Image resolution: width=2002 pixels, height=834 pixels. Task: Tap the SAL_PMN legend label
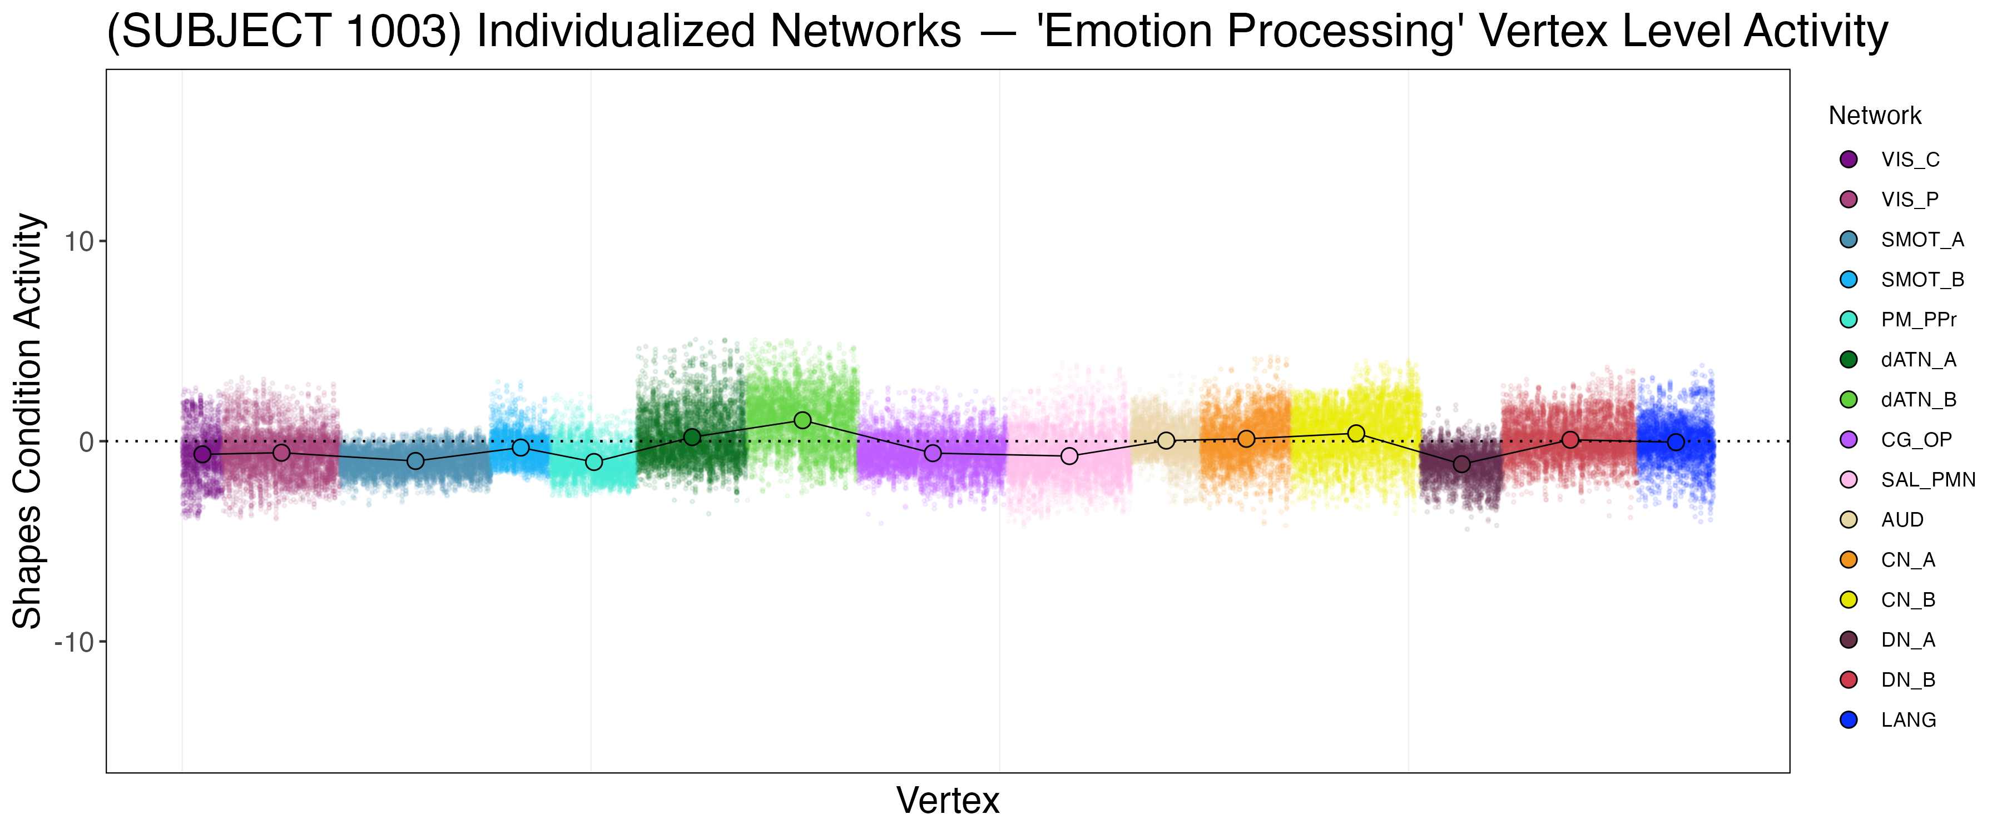[x=1928, y=480]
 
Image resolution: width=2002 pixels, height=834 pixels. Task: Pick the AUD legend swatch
[x=1849, y=520]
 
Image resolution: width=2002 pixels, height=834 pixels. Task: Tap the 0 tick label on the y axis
[x=86, y=442]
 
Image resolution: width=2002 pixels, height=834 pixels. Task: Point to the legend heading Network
[x=1875, y=116]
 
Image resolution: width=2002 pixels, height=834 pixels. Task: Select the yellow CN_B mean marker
[x=1356, y=434]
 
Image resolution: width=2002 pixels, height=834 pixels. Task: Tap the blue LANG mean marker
[x=1676, y=442]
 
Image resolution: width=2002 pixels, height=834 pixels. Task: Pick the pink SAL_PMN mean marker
[x=1069, y=456]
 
